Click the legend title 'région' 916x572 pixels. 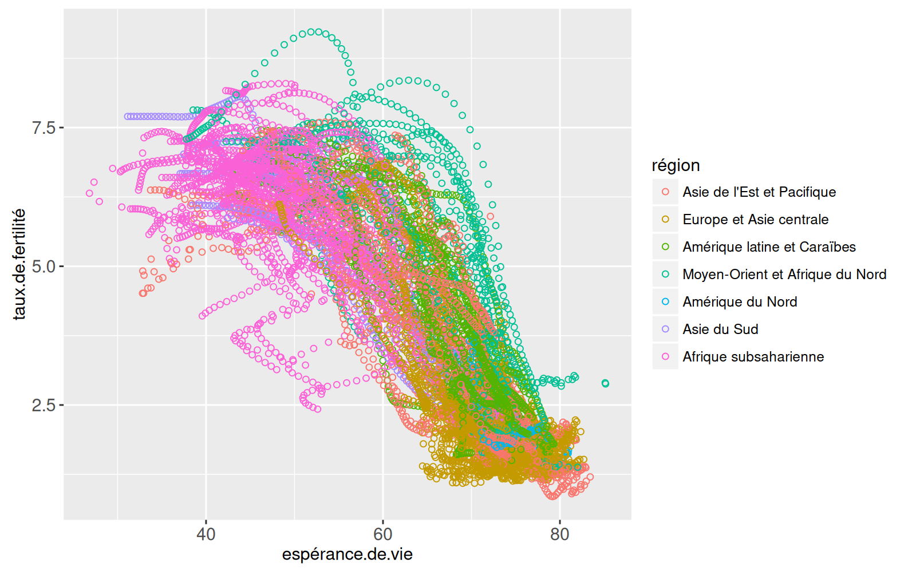[676, 165]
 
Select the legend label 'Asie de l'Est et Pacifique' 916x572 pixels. [759, 192]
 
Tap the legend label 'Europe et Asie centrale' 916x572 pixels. [755, 220]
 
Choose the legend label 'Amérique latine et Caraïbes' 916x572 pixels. [769, 247]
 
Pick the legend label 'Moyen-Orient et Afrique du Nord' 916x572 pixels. [784, 275]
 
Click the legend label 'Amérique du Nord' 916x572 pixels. [740, 302]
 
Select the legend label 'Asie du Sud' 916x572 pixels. [720, 329]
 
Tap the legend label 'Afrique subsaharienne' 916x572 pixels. [753, 357]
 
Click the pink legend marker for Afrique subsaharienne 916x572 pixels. [665, 357]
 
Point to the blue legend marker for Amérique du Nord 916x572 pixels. [665, 302]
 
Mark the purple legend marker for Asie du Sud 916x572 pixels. [665, 329]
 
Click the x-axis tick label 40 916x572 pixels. [206, 534]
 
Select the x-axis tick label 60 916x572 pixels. [383, 534]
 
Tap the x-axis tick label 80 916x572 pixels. [560, 534]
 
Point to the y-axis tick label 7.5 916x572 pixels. [44, 128]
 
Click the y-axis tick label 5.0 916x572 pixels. [44, 267]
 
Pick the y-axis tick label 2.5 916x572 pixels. [44, 406]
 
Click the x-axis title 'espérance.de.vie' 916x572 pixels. [347, 555]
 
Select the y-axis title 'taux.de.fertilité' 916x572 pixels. [19, 264]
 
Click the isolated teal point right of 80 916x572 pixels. [605, 383]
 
